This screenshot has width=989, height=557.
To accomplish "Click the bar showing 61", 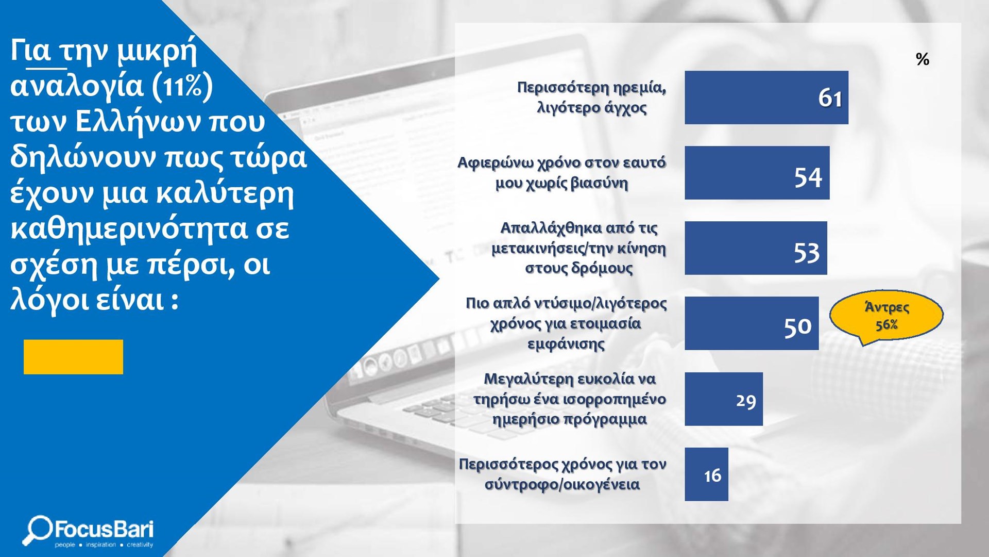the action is [766, 97].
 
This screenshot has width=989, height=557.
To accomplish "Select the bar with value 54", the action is [757, 173].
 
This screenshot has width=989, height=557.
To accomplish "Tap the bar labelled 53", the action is [756, 248].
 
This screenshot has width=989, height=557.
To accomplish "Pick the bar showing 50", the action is [752, 323].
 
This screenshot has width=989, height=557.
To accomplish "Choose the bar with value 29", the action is [724, 399].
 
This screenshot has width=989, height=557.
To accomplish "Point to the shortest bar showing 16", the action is [706, 474].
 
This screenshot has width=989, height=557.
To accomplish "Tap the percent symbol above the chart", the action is [922, 59].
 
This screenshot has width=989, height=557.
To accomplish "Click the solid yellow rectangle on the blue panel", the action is [73, 357].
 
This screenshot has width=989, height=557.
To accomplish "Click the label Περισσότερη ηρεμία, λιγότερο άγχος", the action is [591, 97].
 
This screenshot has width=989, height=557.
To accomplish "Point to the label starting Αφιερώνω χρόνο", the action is [561, 173].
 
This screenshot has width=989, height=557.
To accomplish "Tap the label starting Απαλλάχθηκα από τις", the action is [578, 248].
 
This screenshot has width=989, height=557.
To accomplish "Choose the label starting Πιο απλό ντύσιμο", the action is [566, 323].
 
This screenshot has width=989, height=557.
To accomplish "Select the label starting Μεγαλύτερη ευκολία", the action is [570, 399].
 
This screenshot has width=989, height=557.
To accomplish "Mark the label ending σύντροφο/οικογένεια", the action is [562, 474].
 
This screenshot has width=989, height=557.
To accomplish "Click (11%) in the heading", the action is [182, 86].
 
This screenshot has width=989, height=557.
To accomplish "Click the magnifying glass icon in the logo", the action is [37, 530].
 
